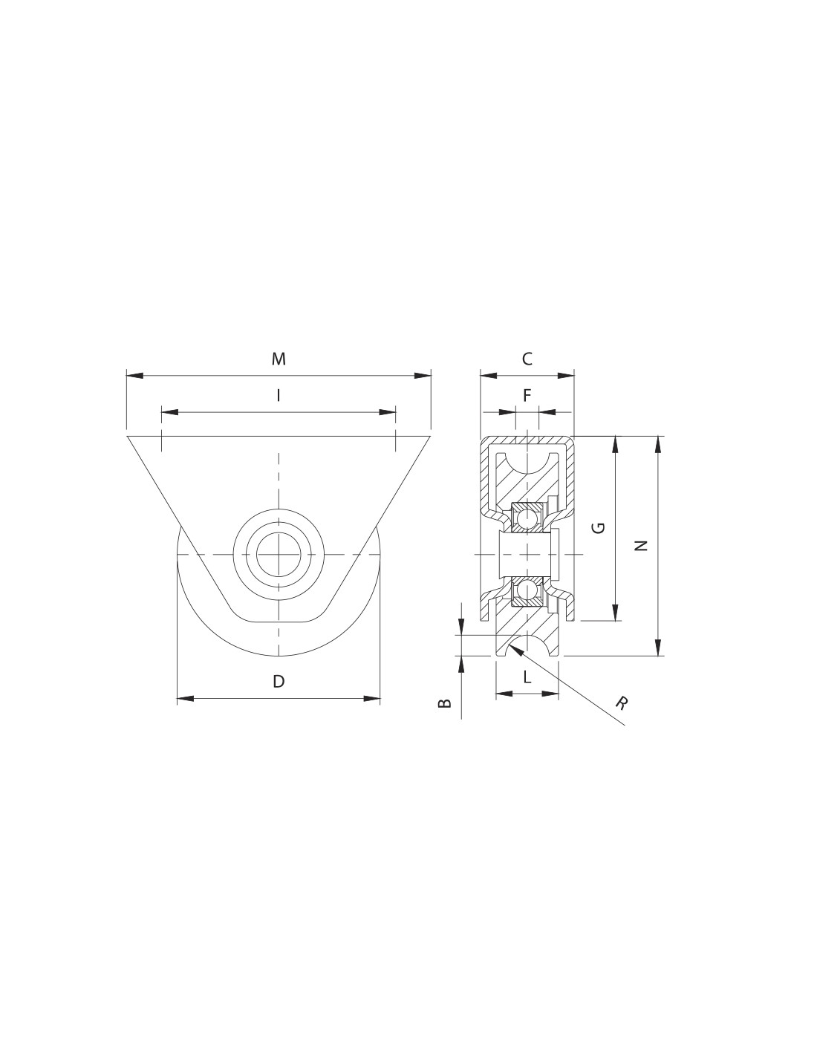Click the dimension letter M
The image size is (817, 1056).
pos(278,359)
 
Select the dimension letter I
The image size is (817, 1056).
pos(278,396)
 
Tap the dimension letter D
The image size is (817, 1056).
pos(278,681)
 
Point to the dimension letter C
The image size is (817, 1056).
pos(527,359)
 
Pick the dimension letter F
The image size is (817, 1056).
pos(527,396)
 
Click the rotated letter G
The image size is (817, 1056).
pos(599,528)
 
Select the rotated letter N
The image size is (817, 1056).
pos(642,546)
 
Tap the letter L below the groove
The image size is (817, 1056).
pos(527,677)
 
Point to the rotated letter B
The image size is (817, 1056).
pos(445,703)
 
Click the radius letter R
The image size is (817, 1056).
pos(621,703)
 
